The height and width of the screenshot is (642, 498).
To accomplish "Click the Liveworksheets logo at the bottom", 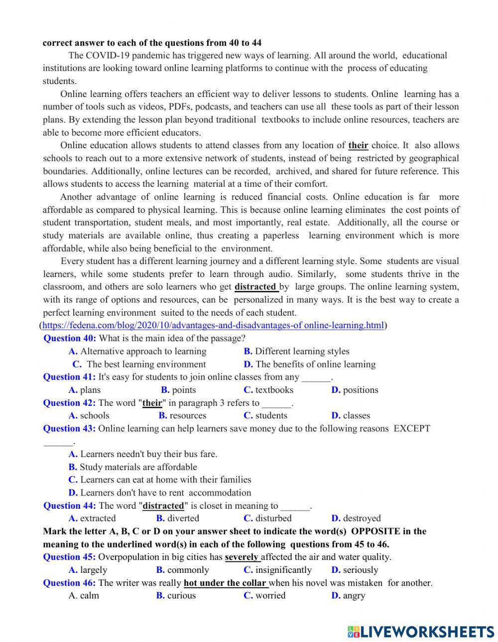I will tap(421, 631).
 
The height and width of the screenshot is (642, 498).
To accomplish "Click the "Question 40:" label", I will tap(70, 339).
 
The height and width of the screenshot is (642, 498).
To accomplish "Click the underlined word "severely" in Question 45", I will tap(242, 557).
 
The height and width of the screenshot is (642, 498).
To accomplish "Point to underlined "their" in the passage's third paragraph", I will tap(358, 146).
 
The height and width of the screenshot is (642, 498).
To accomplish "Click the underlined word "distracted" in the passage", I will tap(255, 287).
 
